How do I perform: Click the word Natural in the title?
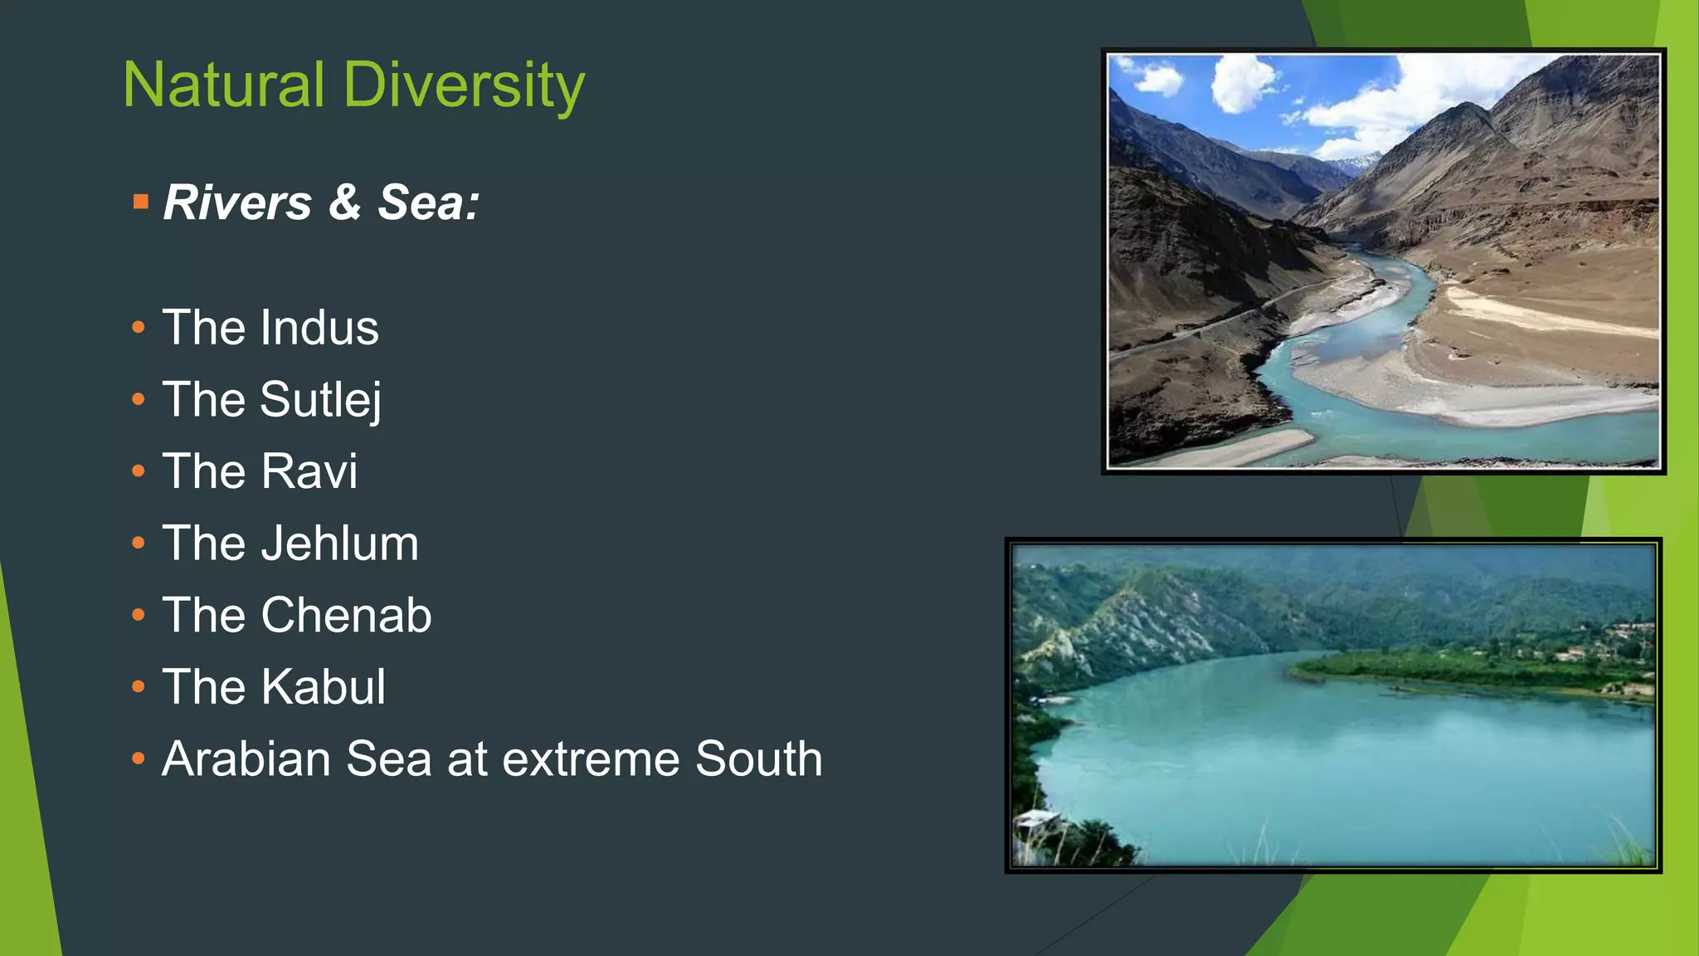[223, 85]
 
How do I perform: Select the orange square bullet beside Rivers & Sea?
[140, 202]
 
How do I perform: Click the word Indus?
[319, 327]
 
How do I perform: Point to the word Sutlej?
[321, 400]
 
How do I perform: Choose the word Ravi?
[309, 471]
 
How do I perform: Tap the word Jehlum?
[339, 544]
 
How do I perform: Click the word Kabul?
[323, 687]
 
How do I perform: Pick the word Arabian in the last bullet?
[246, 758]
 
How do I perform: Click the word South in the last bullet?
[758, 758]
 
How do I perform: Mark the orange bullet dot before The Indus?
[139, 328]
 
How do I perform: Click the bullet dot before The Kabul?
[139, 687]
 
